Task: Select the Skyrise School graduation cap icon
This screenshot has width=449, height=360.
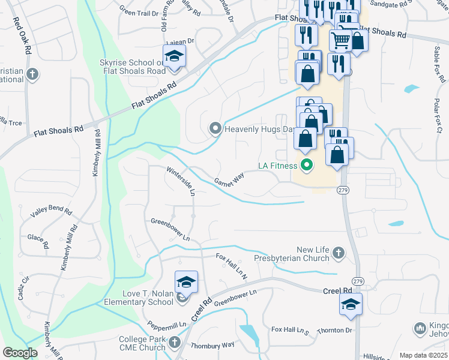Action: tap(175, 56)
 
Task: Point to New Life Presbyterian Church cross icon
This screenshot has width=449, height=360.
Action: tap(339, 253)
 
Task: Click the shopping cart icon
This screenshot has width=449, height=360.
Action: tap(340, 41)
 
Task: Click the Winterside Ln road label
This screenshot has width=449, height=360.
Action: tap(181, 181)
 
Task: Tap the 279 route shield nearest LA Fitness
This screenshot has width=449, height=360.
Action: tap(343, 190)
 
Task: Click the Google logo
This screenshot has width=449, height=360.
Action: tap(20, 353)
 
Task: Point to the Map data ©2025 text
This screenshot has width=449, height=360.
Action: tap(423, 355)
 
